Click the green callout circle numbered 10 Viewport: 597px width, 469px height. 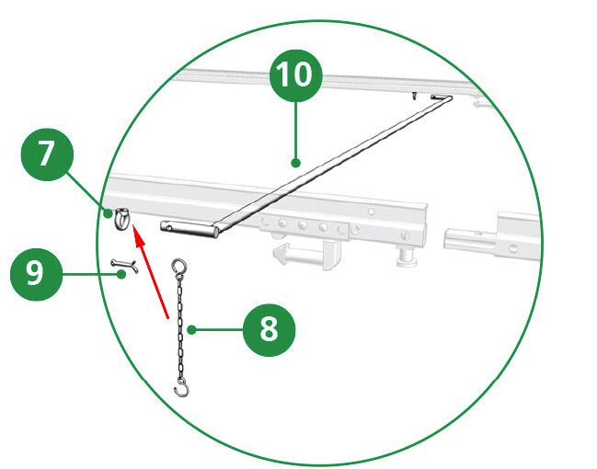click(x=296, y=75)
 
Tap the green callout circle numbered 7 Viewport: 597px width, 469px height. click(x=47, y=154)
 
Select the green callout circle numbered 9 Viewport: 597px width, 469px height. click(x=36, y=274)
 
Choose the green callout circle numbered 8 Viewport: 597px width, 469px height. click(x=270, y=330)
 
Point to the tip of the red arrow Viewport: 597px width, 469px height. click(x=133, y=225)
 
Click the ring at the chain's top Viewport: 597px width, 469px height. click(x=179, y=266)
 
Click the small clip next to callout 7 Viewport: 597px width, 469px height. click(x=122, y=219)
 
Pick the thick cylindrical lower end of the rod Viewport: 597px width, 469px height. click(x=189, y=228)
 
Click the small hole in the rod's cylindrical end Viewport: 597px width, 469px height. click(x=169, y=228)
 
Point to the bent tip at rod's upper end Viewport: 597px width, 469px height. click(x=442, y=97)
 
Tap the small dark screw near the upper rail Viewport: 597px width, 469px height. click(x=414, y=96)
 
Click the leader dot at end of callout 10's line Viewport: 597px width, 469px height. click(x=295, y=164)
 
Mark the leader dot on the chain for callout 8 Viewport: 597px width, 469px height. click(x=192, y=329)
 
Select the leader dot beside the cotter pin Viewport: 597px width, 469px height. click(x=121, y=274)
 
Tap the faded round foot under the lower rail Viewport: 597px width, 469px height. click(x=406, y=256)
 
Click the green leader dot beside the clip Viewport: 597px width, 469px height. click(x=109, y=213)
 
